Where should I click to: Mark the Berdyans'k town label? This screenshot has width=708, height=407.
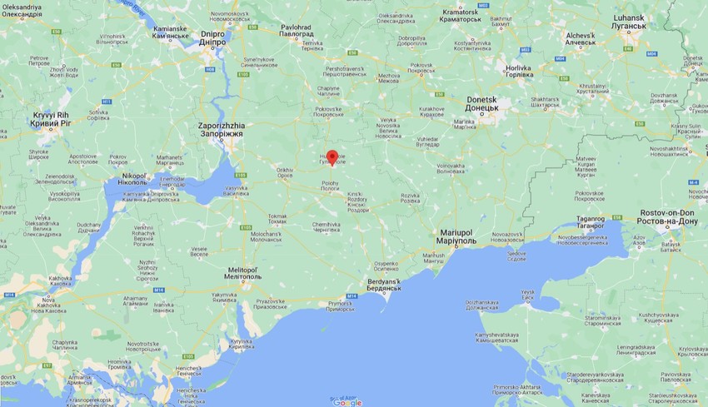385,285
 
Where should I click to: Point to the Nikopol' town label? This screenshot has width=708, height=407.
133,179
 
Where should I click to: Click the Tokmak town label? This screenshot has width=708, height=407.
277,220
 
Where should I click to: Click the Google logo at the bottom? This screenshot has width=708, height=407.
348,402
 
